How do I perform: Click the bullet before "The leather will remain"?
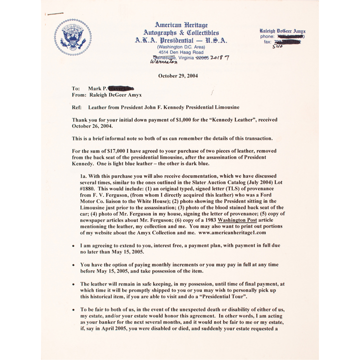[73, 283]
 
